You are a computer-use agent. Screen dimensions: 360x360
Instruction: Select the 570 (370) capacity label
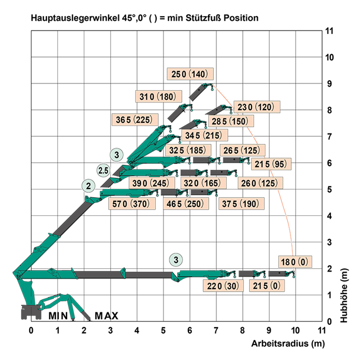[x=133, y=204]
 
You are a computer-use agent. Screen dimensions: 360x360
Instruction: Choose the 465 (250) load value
[x=185, y=204]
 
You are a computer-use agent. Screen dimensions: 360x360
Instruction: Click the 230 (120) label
[x=258, y=107]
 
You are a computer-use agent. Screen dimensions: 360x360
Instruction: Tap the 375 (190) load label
[x=238, y=204]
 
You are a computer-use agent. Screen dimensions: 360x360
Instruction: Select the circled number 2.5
[x=103, y=170]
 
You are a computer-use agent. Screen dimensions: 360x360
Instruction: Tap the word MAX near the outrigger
[x=106, y=316]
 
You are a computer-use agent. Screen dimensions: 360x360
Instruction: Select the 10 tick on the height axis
[x=330, y=58]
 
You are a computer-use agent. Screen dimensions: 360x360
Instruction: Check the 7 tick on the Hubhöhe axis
[x=330, y=136]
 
